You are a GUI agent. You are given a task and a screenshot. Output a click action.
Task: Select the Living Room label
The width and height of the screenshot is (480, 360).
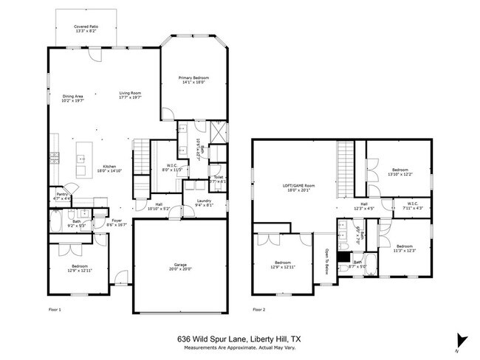(130, 93)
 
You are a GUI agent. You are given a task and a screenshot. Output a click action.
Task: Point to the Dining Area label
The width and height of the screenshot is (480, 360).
(72, 96)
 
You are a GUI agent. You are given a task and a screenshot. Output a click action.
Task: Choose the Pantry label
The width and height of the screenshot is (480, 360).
(61, 194)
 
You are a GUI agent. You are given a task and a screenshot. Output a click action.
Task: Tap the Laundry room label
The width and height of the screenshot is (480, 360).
(204, 201)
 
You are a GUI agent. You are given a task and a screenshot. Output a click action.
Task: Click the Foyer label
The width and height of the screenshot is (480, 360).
(117, 220)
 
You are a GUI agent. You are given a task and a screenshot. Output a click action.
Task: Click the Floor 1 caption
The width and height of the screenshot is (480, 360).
(55, 309)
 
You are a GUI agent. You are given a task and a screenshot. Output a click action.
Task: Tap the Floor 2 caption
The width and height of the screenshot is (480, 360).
(258, 309)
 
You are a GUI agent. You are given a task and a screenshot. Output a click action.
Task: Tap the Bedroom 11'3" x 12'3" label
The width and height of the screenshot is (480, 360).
(405, 247)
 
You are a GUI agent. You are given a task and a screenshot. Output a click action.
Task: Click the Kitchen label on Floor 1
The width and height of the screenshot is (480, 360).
(109, 165)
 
